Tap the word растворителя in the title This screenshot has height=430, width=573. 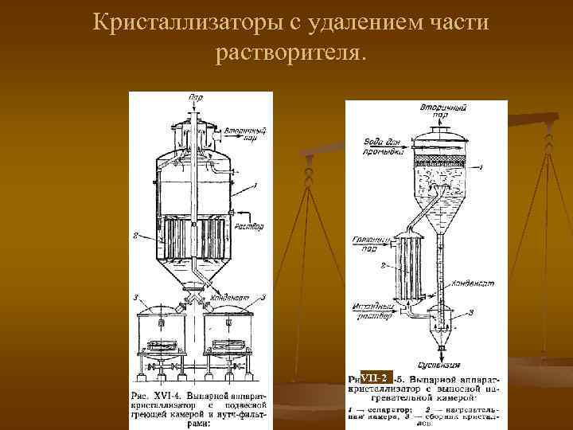(287, 53)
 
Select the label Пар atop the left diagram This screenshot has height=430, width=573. (195, 97)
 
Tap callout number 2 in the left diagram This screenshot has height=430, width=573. (137, 235)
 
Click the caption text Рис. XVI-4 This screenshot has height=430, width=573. (159, 396)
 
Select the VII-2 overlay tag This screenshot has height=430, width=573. (375, 377)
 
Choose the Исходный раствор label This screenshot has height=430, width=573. (371, 308)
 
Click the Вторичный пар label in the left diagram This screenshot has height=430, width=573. (240, 131)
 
